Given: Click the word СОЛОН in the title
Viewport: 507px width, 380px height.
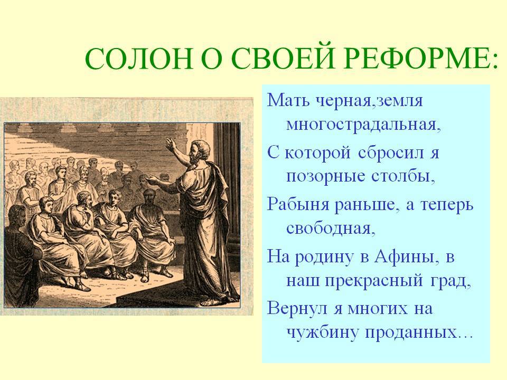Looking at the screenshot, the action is point(139,58).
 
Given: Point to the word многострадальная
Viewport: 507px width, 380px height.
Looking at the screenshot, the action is point(363,125).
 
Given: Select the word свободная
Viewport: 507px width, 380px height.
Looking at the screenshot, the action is point(331,228).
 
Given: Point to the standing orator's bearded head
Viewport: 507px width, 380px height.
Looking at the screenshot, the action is point(198,151).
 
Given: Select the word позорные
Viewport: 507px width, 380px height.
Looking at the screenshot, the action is point(326,176).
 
